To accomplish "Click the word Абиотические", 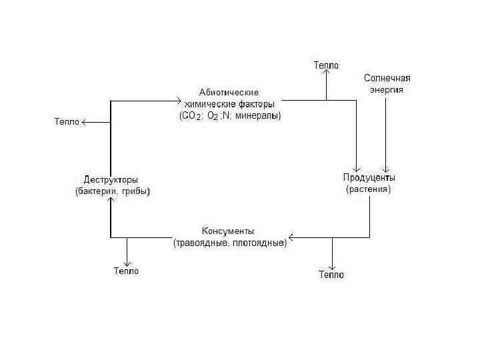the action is pos(229,92).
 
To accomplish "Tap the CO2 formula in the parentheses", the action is pos(190,116).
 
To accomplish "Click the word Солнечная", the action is pos(387,78).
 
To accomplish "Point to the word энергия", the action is pos(387,89).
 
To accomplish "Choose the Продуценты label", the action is pos(369,177).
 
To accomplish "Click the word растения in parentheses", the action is pos(368,189).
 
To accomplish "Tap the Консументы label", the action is pos(227,231).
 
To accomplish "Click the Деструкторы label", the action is pos(111,180).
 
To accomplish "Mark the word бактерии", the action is pos(96,192).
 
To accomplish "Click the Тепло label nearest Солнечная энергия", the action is pos(326,65).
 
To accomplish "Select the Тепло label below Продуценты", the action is pos(331,274).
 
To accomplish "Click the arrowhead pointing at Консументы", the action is pos(292,237).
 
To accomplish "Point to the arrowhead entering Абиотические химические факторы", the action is pos(178,101).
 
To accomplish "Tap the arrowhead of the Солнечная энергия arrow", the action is pos(385,169).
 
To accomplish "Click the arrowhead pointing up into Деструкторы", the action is pos(111,191).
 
